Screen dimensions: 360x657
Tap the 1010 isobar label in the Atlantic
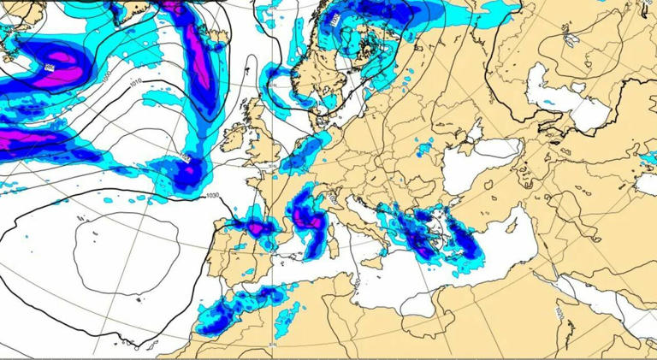coord(136,82)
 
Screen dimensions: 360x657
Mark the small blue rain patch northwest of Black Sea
coord(423,150)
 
